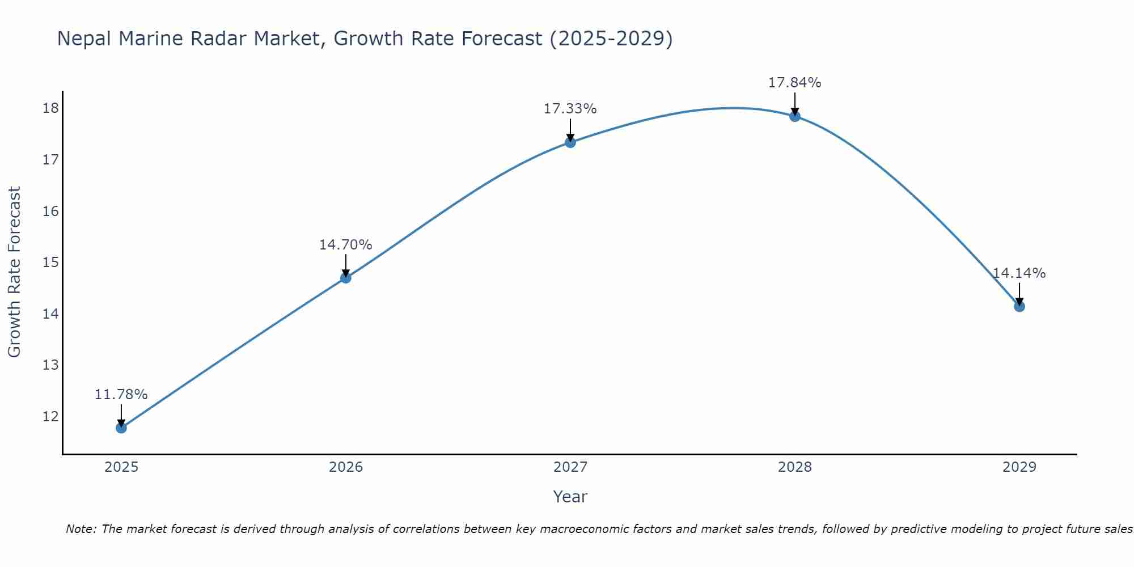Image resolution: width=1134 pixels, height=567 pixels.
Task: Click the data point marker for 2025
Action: coord(121,428)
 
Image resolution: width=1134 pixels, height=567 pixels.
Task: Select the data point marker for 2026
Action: coord(345,278)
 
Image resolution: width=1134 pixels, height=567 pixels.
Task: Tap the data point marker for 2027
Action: coord(570,142)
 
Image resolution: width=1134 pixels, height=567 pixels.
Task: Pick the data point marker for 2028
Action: coord(795,116)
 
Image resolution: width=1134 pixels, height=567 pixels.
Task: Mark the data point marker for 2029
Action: coord(1019,307)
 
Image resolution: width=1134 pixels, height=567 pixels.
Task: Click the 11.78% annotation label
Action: coord(121,395)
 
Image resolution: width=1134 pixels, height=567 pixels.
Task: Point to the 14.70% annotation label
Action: coord(345,245)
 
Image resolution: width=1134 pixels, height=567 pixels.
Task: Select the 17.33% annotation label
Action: coord(570,109)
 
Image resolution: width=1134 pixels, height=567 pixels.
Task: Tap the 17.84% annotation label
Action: coord(795,83)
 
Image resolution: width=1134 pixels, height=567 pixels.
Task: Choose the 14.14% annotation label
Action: coord(1019,273)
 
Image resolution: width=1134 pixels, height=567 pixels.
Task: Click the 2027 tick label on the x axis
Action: coord(570,467)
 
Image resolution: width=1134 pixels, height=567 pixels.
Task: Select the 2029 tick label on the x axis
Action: coord(1019,467)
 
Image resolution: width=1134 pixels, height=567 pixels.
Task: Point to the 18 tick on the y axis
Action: coord(51,108)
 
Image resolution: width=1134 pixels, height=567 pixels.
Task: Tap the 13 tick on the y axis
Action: coord(51,365)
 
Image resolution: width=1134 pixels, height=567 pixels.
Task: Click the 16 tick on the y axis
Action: coord(51,211)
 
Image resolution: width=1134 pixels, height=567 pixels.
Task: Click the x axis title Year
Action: coord(570,497)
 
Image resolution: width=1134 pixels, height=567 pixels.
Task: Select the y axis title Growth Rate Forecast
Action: coord(15,272)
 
